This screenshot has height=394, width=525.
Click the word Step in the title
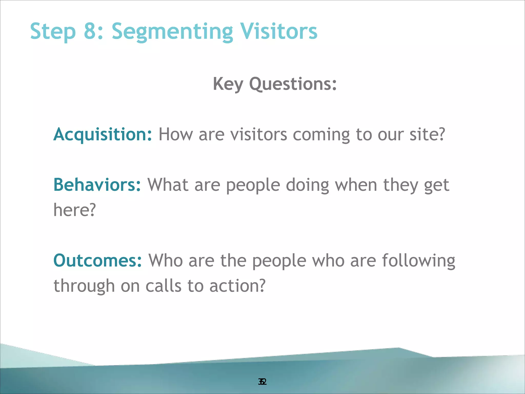(53, 32)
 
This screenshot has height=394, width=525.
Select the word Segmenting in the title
(172, 32)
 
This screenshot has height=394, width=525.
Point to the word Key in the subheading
(228, 84)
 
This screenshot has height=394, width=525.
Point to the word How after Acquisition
(176, 134)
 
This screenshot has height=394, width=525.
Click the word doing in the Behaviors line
(307, 185)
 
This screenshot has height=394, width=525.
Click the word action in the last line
(237, 286)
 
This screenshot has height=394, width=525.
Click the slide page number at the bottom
(262, 382)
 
